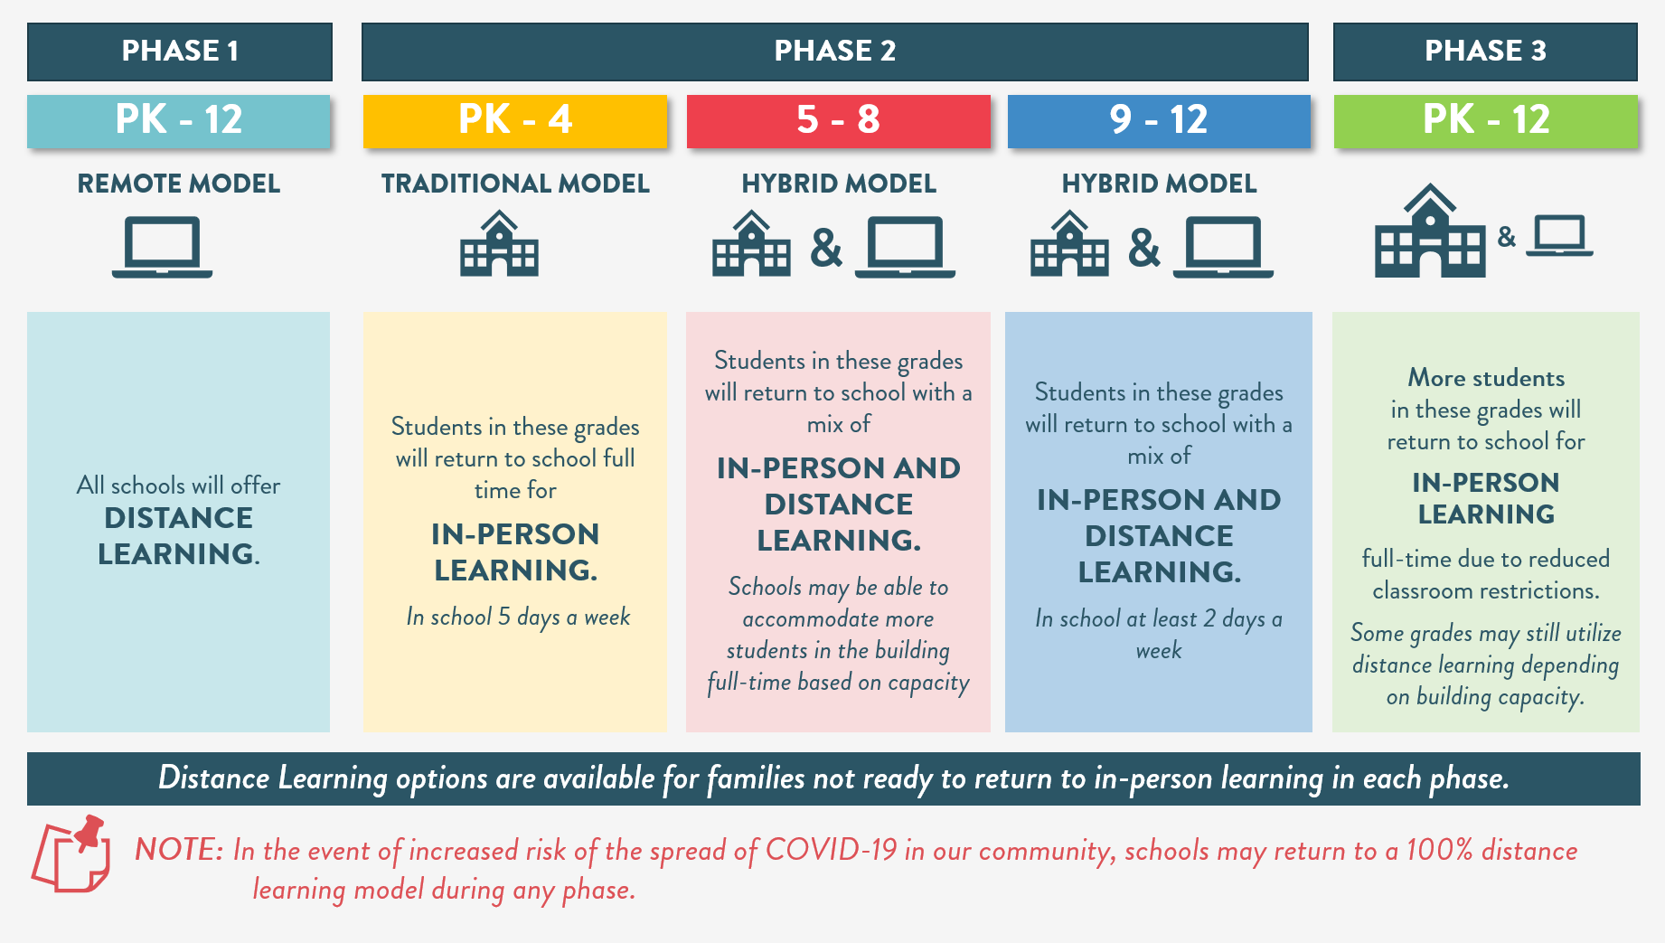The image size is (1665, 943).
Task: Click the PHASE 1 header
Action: (x=180, y=52)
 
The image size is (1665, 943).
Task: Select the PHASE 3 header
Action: (x=1485, y=52)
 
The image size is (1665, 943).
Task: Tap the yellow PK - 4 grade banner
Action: (x=515, y=120)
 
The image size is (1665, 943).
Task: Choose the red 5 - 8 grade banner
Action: (x=838, y=120)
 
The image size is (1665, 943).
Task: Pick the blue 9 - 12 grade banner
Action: (x=1159, y=120)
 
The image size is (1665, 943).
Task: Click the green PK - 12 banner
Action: (x=1486, y=120)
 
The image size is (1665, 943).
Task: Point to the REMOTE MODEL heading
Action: (x=179, y=184)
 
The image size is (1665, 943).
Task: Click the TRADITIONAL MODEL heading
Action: (x=515, y=184)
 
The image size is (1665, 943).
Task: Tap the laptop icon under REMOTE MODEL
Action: (x=163, y=247)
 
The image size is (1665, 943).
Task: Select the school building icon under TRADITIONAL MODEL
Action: (x=499, y=243)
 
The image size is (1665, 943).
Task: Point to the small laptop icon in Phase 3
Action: (x=1559, y=236)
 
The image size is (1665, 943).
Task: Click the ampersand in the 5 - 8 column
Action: (x=826, y=248)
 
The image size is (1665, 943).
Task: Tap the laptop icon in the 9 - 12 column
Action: (x=1223, y=247)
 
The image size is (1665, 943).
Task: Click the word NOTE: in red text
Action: (x=179, y=850)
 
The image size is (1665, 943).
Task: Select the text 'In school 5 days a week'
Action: (x=518, y=618)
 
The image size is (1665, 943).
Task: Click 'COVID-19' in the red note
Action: (x=832, y=850)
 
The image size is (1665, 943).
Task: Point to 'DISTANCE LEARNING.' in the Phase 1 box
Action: (x=179, y=536)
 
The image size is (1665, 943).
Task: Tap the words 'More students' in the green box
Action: (x=1486, y=378)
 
